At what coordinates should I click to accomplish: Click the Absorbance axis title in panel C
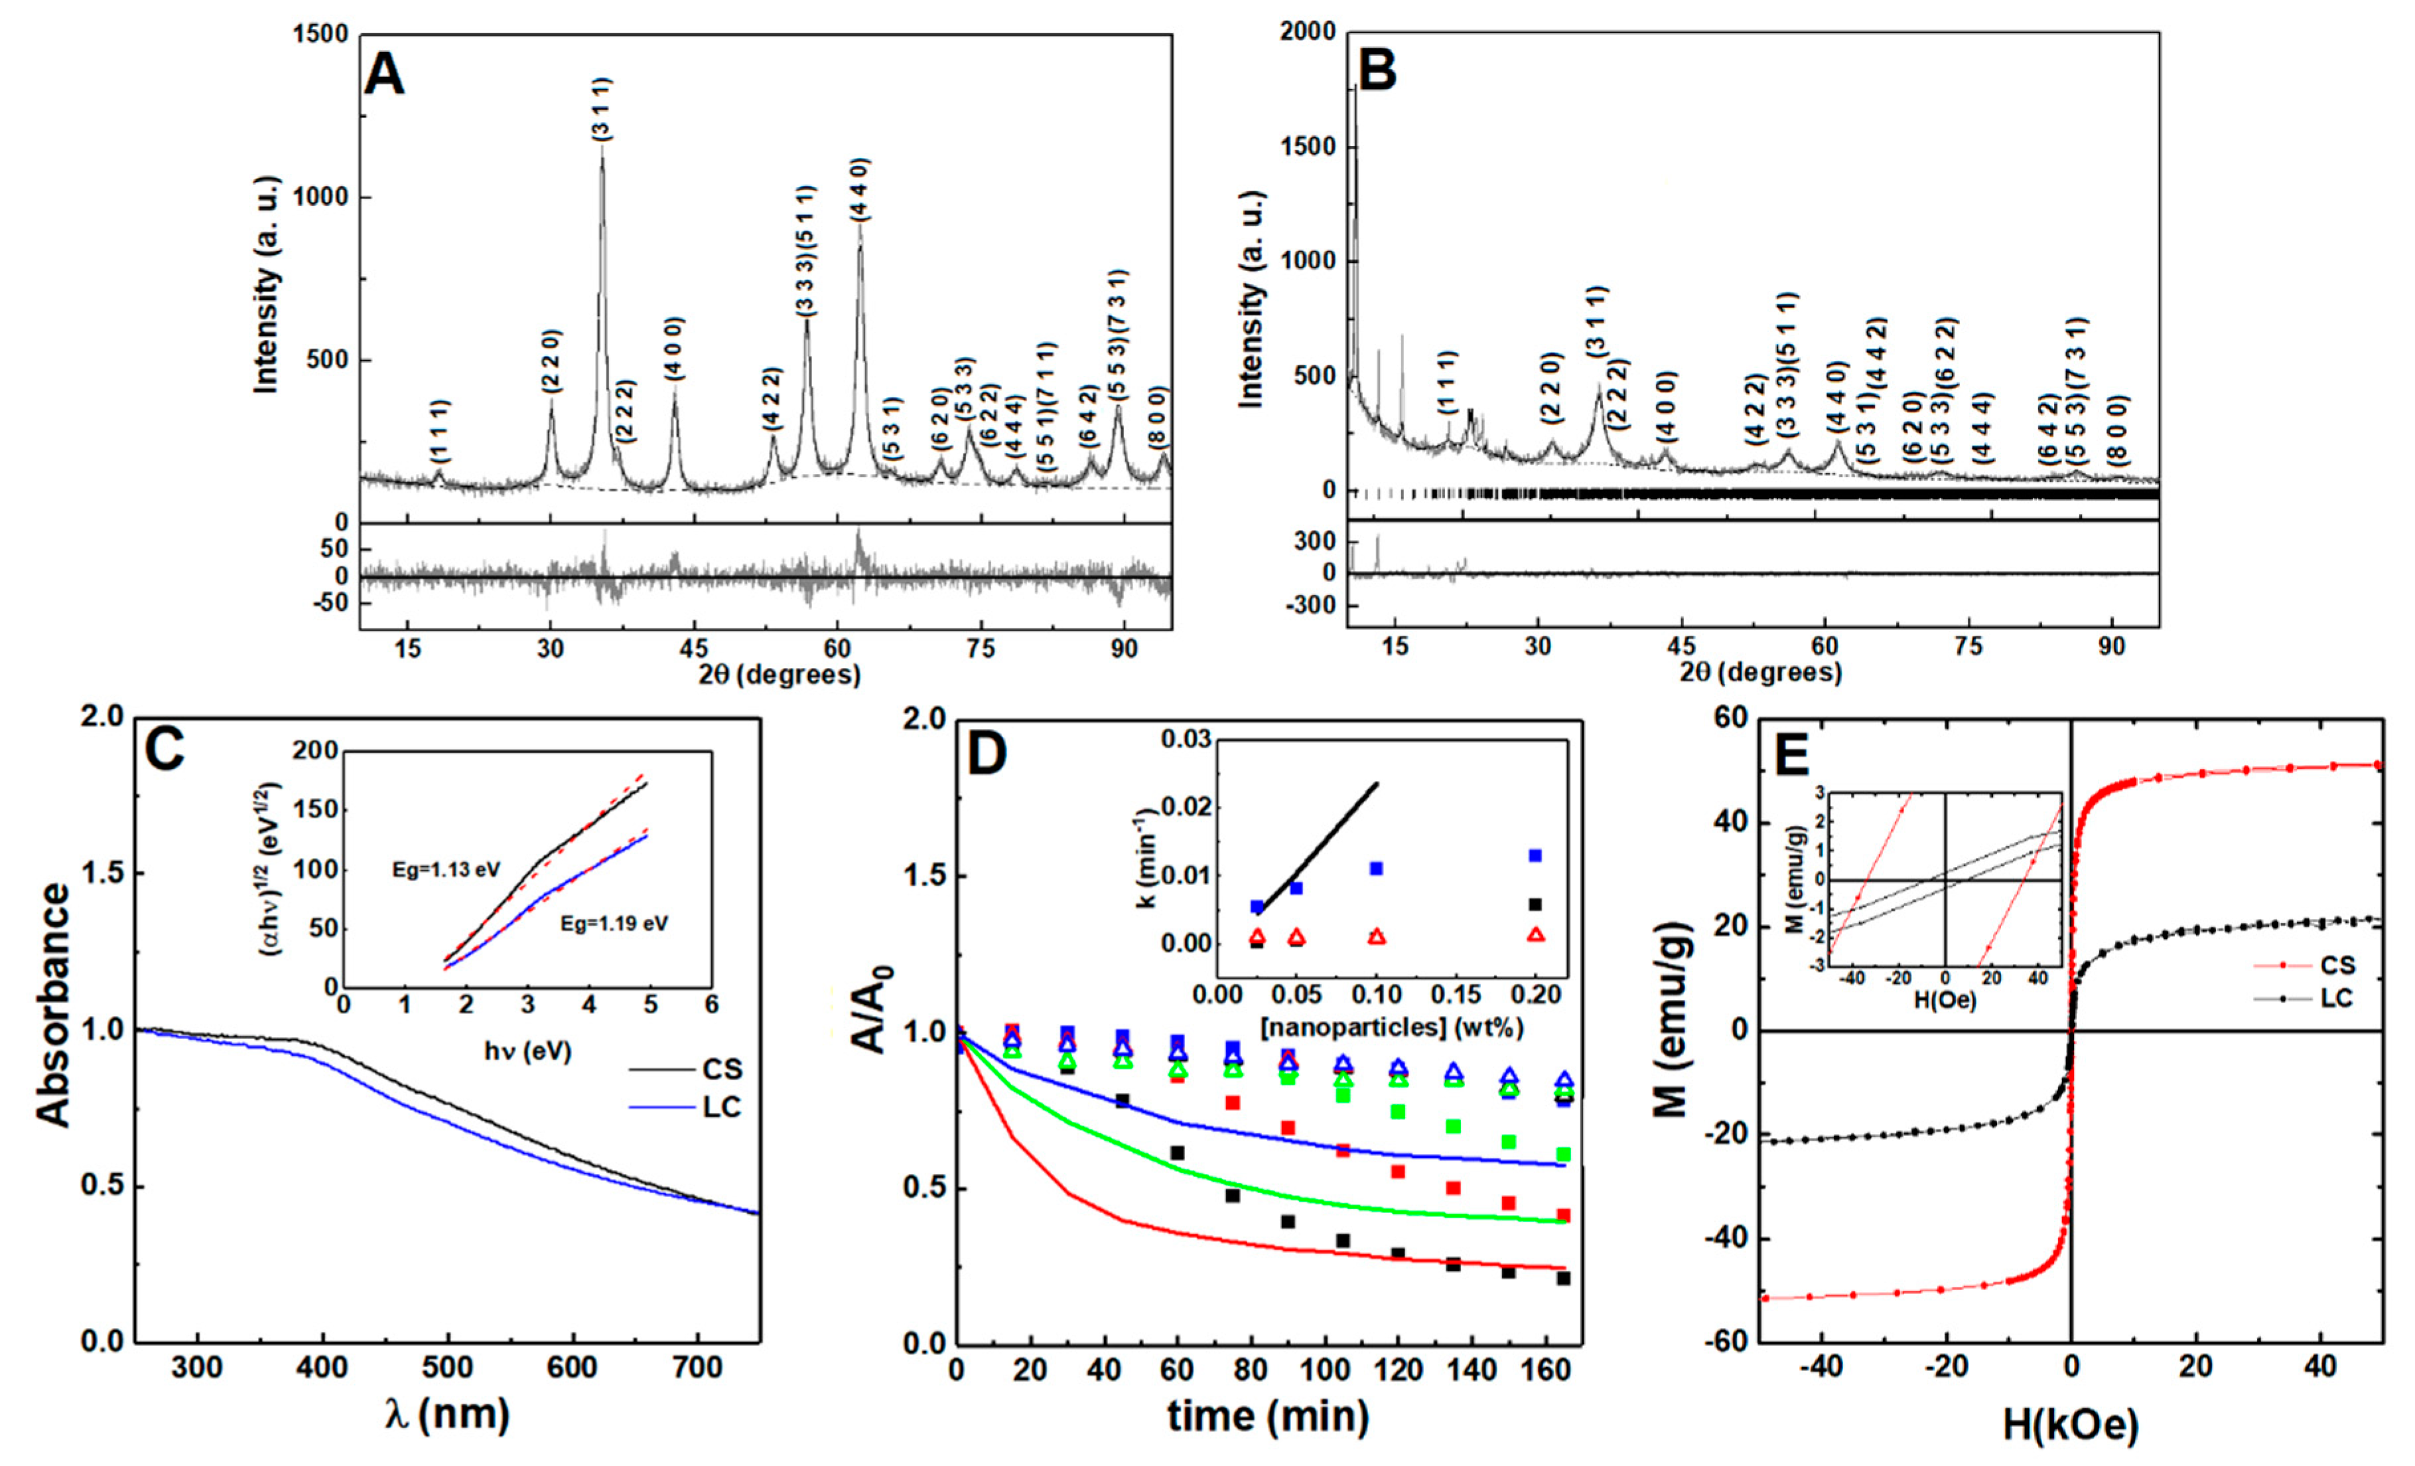click(x=55, y=1005)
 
